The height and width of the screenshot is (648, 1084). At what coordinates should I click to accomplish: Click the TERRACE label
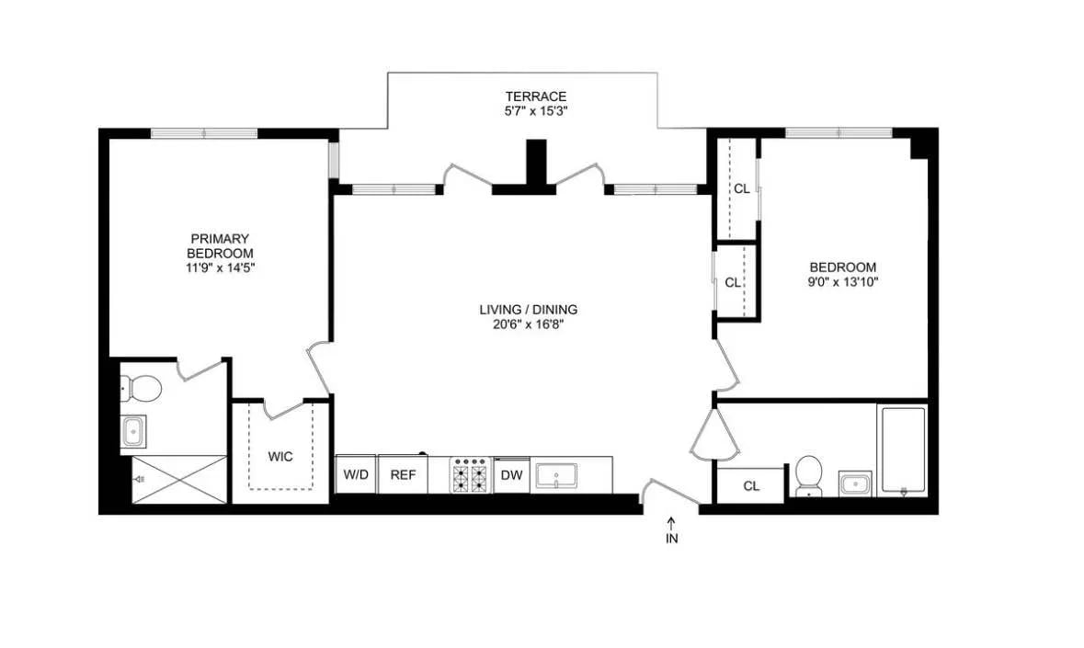click(535, 96)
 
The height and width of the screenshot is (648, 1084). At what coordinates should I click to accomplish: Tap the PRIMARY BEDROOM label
click(220, 245)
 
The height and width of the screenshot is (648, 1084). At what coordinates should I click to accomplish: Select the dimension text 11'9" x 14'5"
click(220, 268)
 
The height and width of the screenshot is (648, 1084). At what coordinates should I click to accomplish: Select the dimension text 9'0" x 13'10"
click(842, 282)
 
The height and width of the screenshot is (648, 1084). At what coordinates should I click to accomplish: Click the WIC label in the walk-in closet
click(280, 456)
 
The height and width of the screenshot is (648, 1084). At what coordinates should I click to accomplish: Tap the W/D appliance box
click(355, 474)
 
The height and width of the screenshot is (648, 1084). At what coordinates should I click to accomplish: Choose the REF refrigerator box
click(402, 474)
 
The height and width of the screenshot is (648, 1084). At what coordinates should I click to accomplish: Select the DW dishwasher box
click(511, 475)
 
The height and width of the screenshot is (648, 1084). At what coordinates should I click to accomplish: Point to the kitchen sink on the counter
click(557, 475)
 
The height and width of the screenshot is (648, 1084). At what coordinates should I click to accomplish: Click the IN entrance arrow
click(671, 530)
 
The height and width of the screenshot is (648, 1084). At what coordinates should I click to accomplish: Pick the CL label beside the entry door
click(751, 485)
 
